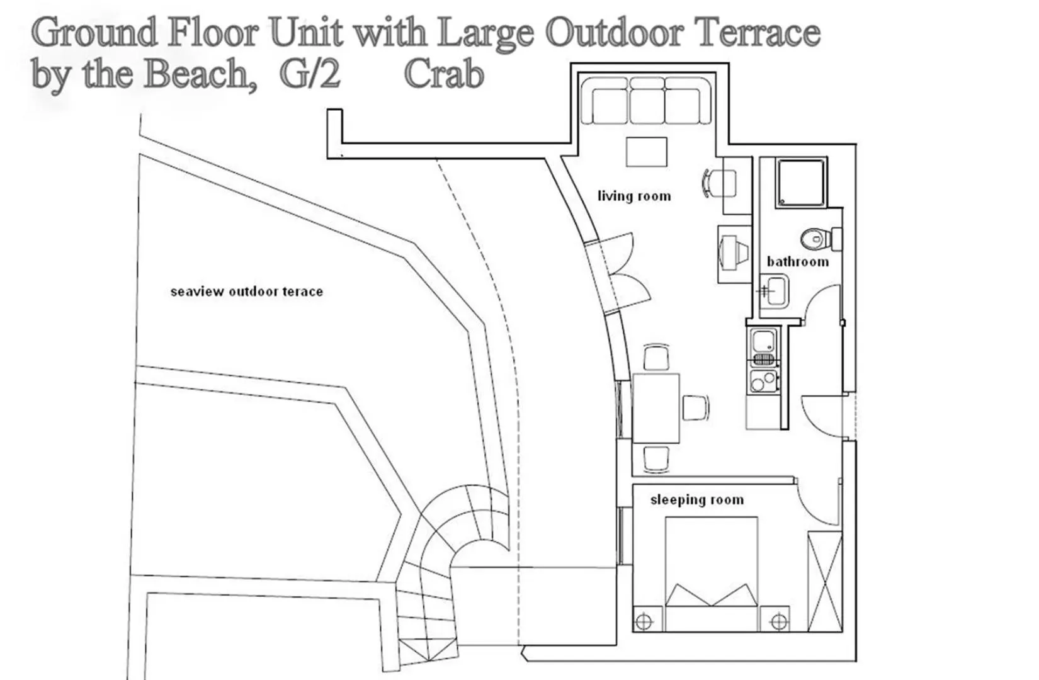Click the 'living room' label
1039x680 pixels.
pyautogui.click(x=633, y=196)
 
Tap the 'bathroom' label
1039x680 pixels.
pyautogui.click(x=797, y=261)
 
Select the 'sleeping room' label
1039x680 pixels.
pyautogui.click(x=696, y=500)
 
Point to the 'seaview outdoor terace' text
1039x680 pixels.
pyautogui.click(x=247, y=292)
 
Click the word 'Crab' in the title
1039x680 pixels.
pyautogui.click(x=443, y=74)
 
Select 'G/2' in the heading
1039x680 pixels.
pyautogui.click(x=310, y=74)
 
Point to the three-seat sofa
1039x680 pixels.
pyautogui.click(x=647, y=101)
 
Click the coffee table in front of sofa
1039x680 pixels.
pyautogui.click(x=647, y=152)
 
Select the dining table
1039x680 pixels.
pyautogui.click(x=656, y=408)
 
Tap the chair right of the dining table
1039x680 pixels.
pyautogui.click(x=696, y=407)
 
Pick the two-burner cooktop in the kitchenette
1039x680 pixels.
pyautogui.click(x=763, y=382)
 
